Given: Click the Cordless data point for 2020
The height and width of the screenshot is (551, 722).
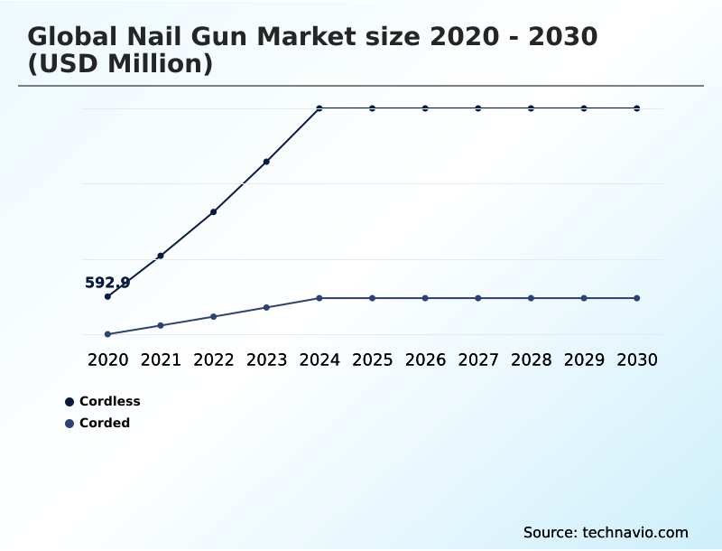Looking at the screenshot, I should pyautogui.click(x=107, y=296).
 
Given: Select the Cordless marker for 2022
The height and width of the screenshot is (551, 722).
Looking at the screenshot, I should pyautogui.click(x=213, y=212).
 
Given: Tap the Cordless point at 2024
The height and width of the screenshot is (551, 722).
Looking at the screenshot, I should pyautogui.click(x=319, y=108).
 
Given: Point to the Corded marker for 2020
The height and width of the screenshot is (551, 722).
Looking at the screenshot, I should pyautogui.click(x=107, y=334).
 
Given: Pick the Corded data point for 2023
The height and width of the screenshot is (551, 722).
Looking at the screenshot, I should pyautogui.click(x=266, y=307).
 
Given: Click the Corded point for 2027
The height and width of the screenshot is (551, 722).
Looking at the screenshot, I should pyautogui.click(x=478, y=298).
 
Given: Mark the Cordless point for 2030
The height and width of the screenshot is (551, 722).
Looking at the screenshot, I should pyautogui.click(x=637, y=108).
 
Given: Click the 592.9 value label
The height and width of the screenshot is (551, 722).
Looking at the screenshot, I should pyautogui.click(x=107, y=283).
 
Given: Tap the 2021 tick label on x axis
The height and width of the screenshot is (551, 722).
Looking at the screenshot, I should pyautogui.click(x=161, y=360).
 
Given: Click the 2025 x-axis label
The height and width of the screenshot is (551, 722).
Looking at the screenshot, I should pyautogui.click(x=372, y=360).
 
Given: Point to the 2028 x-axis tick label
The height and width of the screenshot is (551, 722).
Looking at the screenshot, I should pyautogui.click(x=531, y=360).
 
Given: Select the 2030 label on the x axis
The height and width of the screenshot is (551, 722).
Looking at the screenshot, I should pyautogui.click(x=637, y=360).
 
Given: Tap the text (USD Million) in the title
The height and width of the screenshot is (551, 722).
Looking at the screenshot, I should pyautogui.click(x=120, y=64).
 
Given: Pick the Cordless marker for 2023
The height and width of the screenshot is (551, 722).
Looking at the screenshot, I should pyautogui.click(x=266, y=162).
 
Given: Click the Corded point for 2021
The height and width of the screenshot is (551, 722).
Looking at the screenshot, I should pyautogui.click(x=161, y=325).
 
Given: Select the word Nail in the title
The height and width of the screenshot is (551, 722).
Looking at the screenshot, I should pyautogui.click(x=168, y=37).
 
